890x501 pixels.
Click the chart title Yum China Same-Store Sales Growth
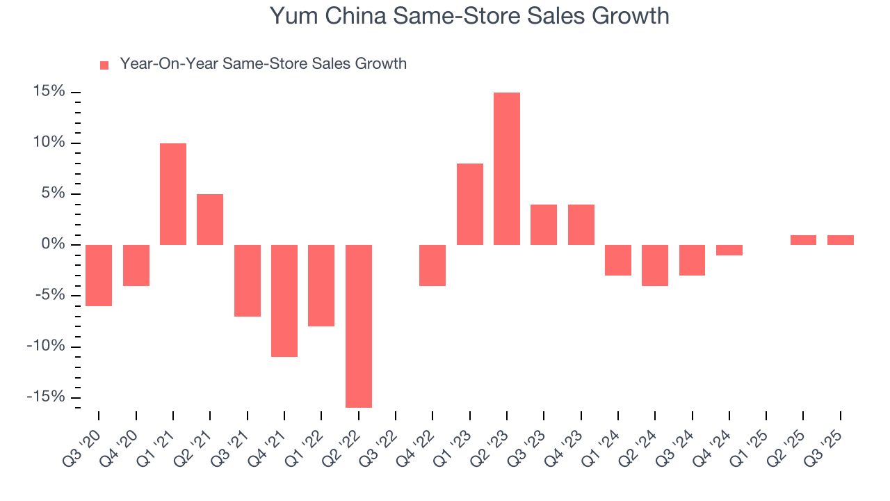pyautogui.click(x=469, y=16)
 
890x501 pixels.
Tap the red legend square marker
pyautogui.click(x=104, y=65)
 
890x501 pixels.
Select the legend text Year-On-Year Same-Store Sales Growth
pyautogui.click(x=263, y=64)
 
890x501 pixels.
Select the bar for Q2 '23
pyautogui.click(x=507, y=168)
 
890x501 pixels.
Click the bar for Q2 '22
pyautogui.click(x=359, y=326)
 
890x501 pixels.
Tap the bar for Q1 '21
pyautogui.click(x=173, y=193)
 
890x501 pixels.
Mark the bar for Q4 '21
pyautogui.click(x=284, y=301)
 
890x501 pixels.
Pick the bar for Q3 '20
pyautogui.click(x=99, y=275)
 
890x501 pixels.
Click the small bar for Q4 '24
pyautogui.click(x=729, y=250)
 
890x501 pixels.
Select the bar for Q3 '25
pyautogui.click(x=841, y=240)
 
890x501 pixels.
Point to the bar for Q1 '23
pyautogui.click(x=470, y=204)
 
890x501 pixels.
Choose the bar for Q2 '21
pyautogui.click(x=210, y=219)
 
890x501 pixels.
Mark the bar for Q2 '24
pyautogui.click(x=655, y=265)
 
